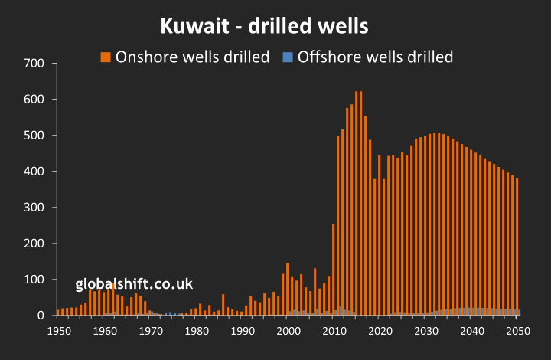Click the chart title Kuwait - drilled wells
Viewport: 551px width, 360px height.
[265, 27]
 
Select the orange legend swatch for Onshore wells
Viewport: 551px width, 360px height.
[106, 57]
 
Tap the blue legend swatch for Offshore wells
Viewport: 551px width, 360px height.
[288, 57]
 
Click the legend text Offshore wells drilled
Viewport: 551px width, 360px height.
[375, 57]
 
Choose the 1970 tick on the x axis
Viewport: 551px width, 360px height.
[152, 331]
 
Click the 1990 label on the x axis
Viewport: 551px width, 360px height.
[243, 331]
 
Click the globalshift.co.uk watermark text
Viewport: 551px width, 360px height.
[134, 284]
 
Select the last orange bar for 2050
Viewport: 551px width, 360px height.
[517, 245]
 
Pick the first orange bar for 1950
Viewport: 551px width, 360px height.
[58, 312]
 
